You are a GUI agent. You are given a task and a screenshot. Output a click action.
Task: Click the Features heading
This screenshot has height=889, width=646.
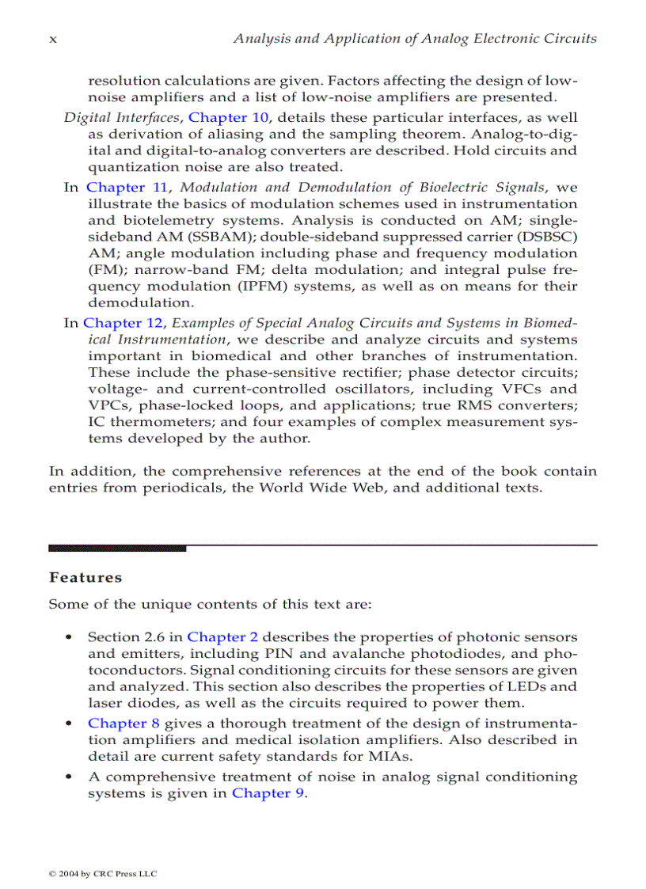85,577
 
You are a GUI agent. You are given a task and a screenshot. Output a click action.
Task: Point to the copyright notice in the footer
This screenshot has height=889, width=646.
102,873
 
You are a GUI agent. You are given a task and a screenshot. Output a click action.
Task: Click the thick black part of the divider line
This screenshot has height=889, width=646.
117,547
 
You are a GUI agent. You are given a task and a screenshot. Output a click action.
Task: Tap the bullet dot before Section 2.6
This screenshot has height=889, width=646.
71,637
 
